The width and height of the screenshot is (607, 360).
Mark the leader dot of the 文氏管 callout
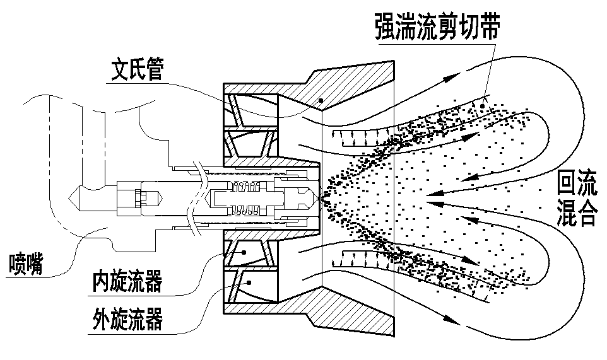coord(321,99)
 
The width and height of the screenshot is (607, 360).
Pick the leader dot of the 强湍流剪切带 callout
coord(482,108)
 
